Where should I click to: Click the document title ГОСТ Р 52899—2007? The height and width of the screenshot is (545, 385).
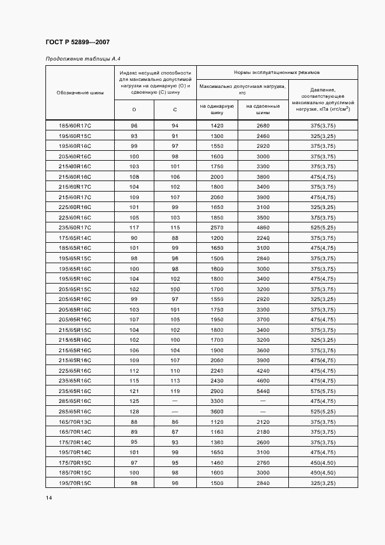point(77,43)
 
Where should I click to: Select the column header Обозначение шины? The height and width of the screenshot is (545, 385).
point(80,93)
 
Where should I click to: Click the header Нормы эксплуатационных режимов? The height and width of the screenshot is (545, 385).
point(277,72)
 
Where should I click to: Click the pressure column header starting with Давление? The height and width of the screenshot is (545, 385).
point(323,99)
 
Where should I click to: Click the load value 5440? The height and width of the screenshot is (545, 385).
point(263,391)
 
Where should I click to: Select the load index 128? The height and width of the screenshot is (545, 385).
point(134,411)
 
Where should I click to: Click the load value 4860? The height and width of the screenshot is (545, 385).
point(263,227)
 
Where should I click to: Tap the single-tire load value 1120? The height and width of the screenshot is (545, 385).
point(217,421)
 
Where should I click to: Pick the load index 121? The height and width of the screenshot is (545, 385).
point(134,391)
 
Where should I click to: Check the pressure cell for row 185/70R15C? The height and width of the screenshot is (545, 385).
point(323,472)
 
